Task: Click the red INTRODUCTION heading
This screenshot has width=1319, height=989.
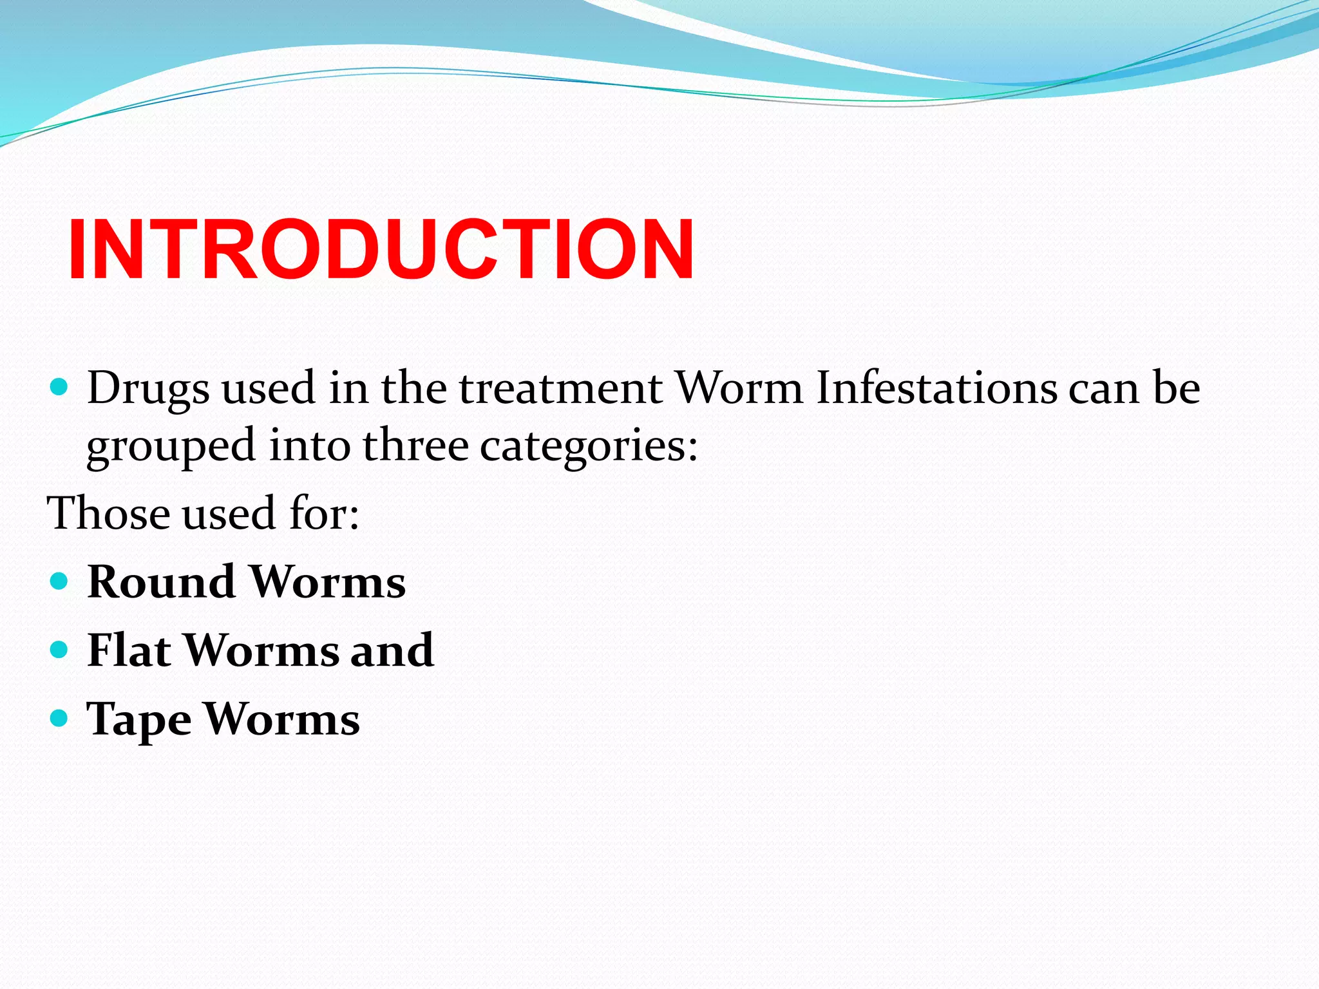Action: click(x=381, y=250)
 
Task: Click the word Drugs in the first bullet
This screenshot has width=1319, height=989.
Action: click(x=148, y=389)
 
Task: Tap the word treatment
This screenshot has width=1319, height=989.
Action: click(x=560, y=389)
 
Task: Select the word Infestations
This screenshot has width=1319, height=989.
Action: click(x=936, y=389)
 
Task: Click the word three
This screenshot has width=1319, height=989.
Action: click(x=415, y=446)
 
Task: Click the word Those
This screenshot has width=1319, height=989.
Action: click(x=109, y=514)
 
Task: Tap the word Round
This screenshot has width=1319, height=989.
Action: click(x=161, y=582)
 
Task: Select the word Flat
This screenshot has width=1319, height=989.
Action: click(x=129, y=650)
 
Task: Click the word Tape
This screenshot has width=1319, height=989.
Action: click(x=138, y=720)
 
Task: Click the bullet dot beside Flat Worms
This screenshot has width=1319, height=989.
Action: click(x=59, y=650)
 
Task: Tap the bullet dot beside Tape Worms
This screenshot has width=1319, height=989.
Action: click(x=59, y=718)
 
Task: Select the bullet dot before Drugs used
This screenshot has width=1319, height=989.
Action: click(x=59, y=387)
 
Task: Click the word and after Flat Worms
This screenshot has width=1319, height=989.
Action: click(x=392, y=650)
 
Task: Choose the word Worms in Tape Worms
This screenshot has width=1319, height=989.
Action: click(x=281, y=719)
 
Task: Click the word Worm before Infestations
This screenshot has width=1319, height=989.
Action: click(x=739, y=389)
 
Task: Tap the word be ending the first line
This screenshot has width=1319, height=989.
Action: click(x=1176, y=389)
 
